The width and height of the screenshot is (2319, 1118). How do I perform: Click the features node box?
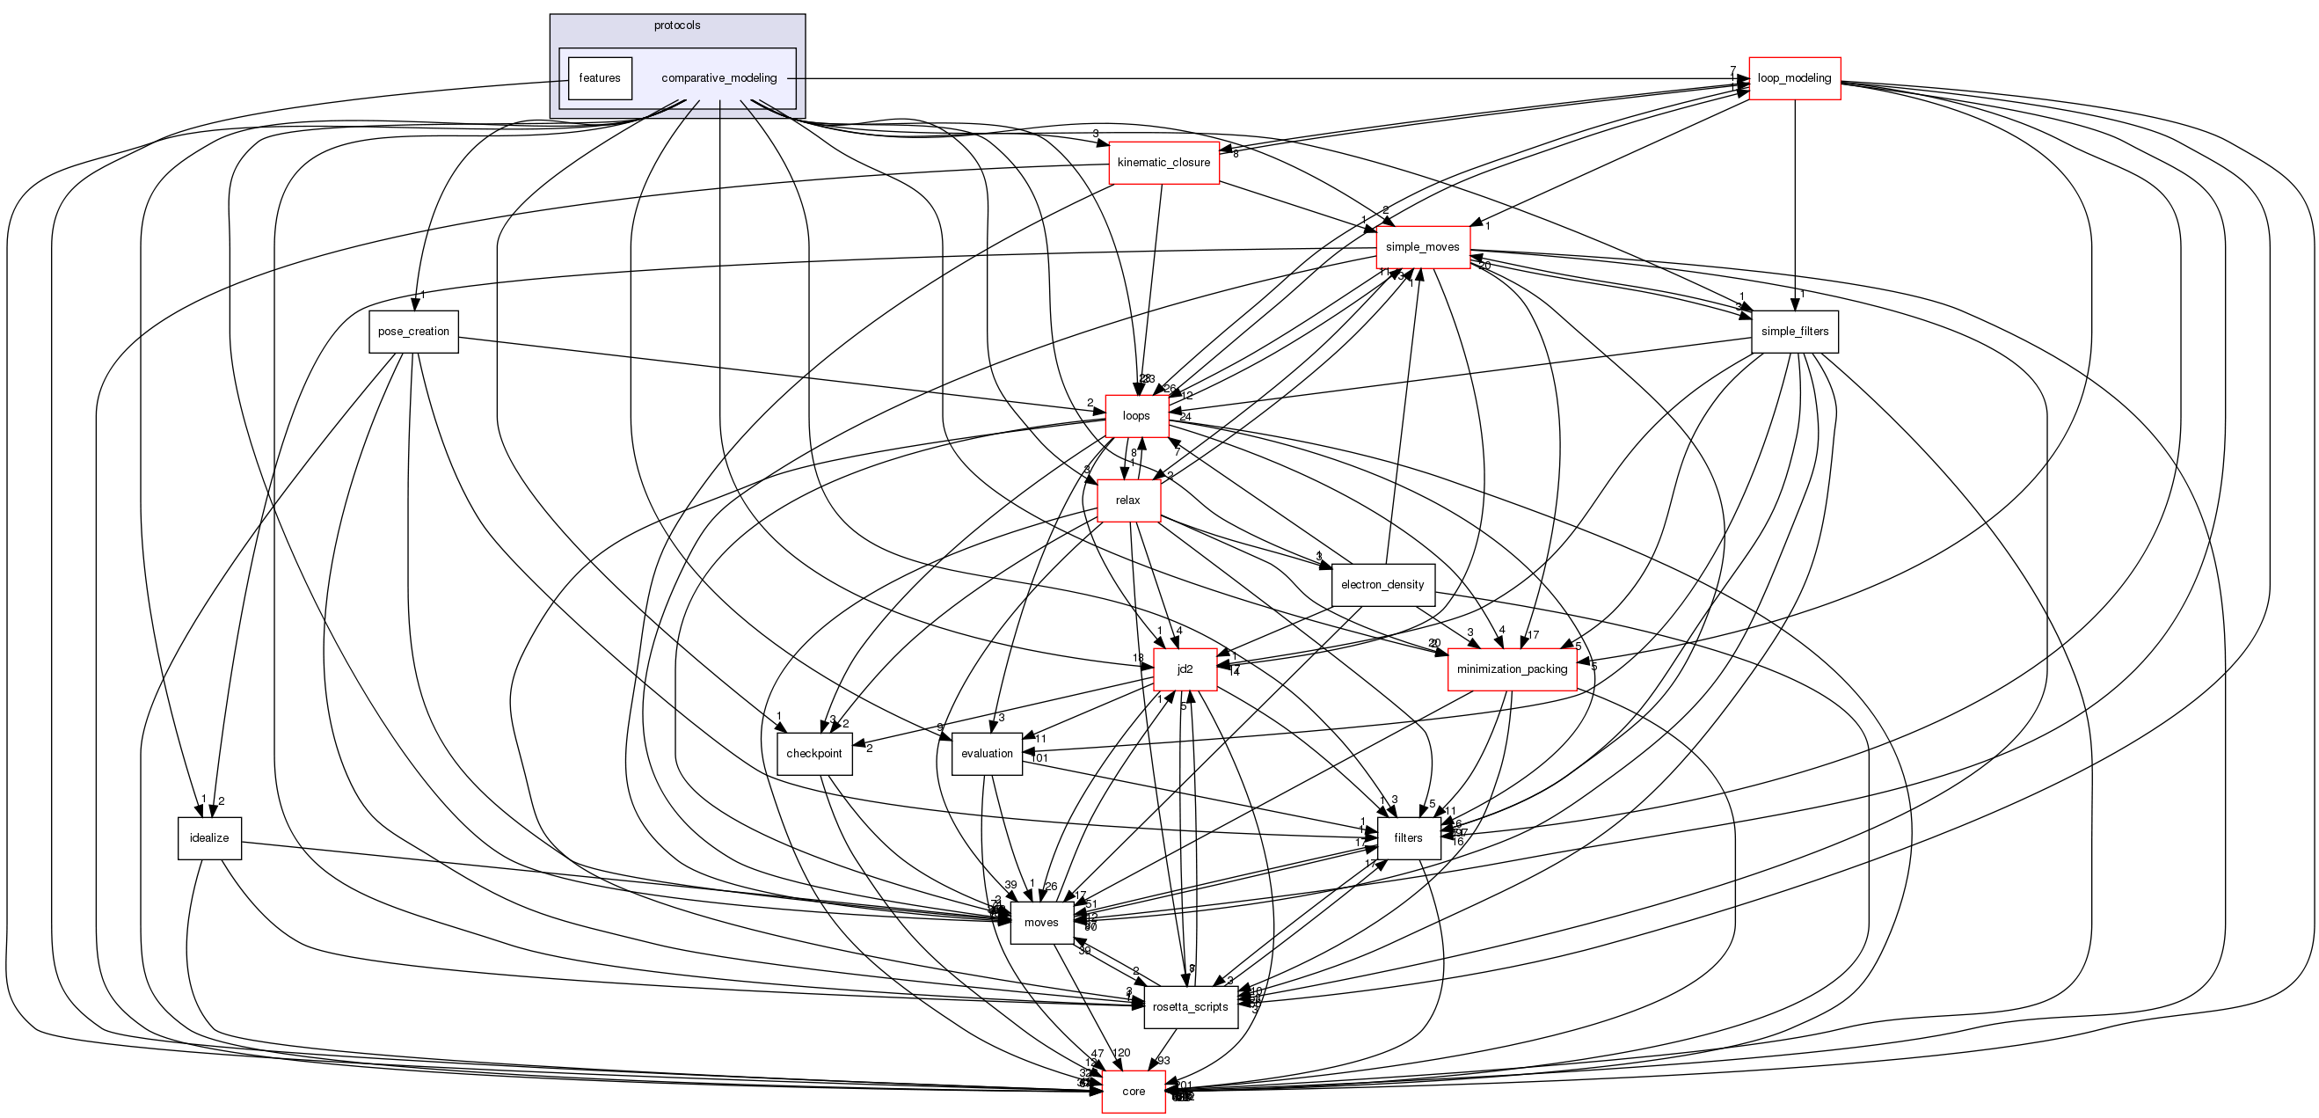pos(600,78)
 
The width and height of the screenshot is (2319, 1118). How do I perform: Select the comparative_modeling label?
pos(718,78)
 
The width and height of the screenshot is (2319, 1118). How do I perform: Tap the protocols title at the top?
pos(677,26)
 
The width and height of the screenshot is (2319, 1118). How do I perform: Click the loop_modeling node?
pos(1793,78)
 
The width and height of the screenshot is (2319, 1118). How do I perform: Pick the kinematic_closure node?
pos(1163,163)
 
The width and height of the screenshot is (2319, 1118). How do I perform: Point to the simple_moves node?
pos(1422,247)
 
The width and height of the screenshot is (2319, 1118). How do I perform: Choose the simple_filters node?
pos(1794,332)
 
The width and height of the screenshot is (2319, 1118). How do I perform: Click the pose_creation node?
pos(413,332)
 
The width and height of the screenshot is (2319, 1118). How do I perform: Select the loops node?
pos(1136,416)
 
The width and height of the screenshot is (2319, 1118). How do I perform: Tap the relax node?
pos(1127,501)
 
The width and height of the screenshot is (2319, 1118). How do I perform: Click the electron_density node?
pos(1382,585)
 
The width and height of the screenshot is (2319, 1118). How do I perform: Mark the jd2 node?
pos(1185,669)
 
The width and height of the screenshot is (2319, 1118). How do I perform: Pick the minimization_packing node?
pos(1512,669)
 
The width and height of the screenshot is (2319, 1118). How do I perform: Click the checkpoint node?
pos(813,754)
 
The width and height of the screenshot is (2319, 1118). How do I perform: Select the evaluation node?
pos(987,754)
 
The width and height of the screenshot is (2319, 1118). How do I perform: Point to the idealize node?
pos(208,838)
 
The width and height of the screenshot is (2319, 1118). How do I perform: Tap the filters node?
pos(1408,838)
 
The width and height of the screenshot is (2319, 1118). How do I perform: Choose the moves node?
pos(1040,923)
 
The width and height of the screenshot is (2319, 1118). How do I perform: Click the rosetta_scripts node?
pos(1190,1007)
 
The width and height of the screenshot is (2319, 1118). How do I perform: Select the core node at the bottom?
pos(1134,1092)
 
